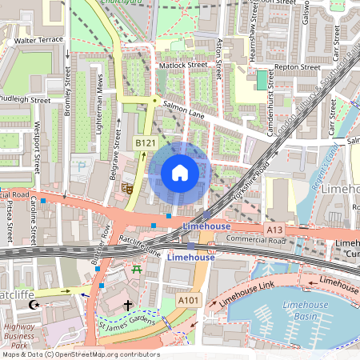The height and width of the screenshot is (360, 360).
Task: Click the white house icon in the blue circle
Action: (180, 173)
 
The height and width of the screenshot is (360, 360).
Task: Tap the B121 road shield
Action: (144, 142)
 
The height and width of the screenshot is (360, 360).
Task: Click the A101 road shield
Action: (188, 300)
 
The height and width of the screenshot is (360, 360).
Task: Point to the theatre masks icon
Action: (126, 188)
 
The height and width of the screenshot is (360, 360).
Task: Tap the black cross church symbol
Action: (127, 306)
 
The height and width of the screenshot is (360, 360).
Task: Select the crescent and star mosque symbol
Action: (34, 306)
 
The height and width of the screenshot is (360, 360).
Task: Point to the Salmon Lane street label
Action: (183, 110)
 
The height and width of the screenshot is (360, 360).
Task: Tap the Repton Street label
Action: (297, 68)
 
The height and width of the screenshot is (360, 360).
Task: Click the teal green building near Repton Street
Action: (262, 80)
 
